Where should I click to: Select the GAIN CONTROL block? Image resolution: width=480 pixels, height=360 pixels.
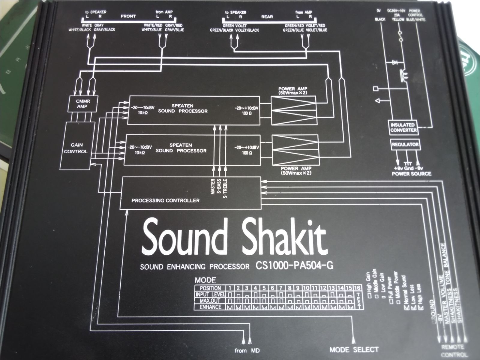coord(76,148)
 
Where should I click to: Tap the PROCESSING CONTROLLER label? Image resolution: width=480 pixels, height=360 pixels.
coord(165,200)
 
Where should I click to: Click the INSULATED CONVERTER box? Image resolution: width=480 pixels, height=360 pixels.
coord(403,127)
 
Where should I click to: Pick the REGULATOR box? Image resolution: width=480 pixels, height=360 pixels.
coord(405,145)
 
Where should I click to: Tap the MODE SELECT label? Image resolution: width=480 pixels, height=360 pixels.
coord(354,349)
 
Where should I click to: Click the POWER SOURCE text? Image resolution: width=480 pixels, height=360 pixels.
coord(411,174)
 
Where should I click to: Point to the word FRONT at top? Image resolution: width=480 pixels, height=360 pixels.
coord(128,16)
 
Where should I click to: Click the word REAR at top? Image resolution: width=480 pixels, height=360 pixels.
coord(267,17)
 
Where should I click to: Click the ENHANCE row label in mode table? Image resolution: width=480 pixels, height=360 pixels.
coord(210,307)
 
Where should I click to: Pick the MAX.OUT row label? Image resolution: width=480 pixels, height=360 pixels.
coord(210,301)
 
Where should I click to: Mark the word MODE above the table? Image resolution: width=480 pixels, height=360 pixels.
coord(205,280)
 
